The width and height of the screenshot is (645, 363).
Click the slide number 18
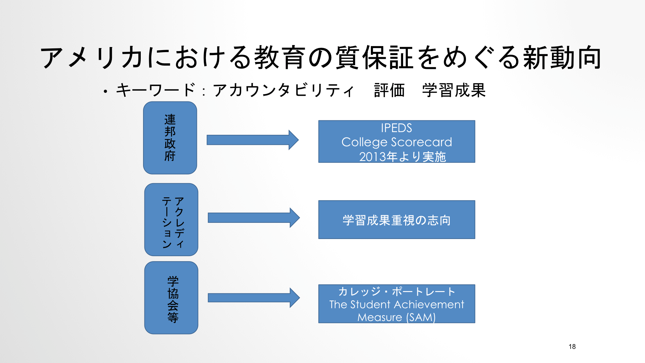point(572,347)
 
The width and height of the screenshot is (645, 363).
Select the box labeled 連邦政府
point(170,138)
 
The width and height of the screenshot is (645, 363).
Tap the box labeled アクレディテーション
point(171,219)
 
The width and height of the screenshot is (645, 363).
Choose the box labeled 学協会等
point(171,298)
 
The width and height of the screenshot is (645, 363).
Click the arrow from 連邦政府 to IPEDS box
point(253,140)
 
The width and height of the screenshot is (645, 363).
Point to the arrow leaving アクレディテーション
point(254,218)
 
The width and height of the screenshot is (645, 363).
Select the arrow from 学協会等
point(254,298)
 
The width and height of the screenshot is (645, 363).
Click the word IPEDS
point(396,128)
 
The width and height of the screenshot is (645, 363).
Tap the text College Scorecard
point(397,142)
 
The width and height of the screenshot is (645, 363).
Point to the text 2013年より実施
point(402,157)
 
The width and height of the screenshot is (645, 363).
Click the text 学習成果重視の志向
point(397,220)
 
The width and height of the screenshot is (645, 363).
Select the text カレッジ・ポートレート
point(397,291)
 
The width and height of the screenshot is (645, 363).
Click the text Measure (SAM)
point(396,317)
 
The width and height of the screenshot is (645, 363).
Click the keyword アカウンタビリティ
point(284,90)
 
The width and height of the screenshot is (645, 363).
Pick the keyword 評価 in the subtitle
point(389,90)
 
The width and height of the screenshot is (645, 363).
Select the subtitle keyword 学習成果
point(454,90)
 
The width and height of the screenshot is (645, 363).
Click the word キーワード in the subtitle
point(156,90)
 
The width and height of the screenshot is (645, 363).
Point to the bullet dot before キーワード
point(105,91)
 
